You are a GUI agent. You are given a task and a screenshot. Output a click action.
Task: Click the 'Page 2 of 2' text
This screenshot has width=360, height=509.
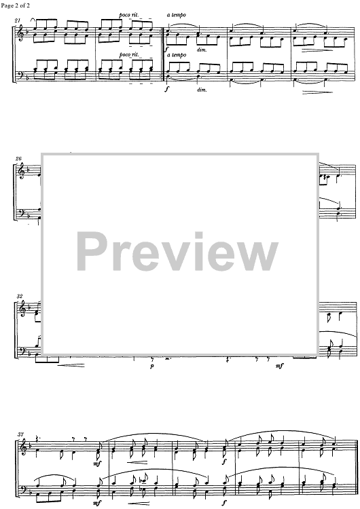tap(15, 5)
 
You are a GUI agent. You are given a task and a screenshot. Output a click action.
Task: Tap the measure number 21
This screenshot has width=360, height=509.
tap(17, 20)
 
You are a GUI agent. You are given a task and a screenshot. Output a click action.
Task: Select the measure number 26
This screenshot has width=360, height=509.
tap(18, 159)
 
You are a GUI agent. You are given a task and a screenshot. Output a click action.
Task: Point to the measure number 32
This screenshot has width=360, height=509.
tap(19, 297)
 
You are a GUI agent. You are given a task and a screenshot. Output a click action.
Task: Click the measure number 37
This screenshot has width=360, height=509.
tap(21, 434)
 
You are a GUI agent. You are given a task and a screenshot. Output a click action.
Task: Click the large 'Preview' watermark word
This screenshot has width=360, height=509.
tap(177, 251)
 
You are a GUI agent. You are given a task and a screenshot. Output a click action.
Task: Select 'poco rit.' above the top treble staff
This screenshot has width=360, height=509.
tap(128, 15)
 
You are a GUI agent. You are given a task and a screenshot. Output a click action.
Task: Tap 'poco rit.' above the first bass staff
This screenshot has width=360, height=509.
tap(128, 54)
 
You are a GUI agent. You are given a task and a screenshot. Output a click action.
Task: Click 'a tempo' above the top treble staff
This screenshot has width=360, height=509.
tap(177, 15)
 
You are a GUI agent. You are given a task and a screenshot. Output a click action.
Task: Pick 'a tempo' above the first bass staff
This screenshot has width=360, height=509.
tap(177, 55)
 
